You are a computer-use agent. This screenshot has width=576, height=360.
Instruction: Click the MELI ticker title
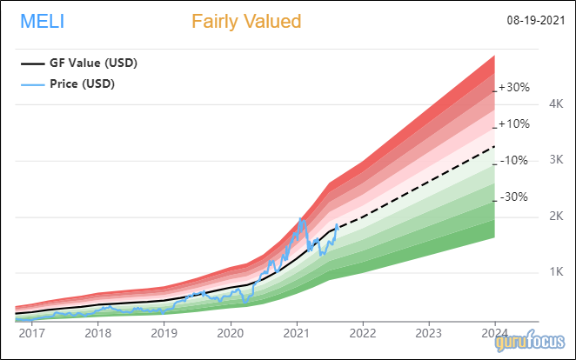41,21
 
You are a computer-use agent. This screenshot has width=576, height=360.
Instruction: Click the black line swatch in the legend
33,63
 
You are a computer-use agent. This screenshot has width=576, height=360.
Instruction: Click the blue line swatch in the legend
33,84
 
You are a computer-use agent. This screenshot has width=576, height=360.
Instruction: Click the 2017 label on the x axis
32,332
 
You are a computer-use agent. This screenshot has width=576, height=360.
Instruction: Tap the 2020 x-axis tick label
231,332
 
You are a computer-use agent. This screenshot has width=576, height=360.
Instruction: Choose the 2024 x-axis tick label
495,332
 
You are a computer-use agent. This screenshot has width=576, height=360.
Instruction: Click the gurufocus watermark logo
531,344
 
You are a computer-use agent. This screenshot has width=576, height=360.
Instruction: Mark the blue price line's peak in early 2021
300,218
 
